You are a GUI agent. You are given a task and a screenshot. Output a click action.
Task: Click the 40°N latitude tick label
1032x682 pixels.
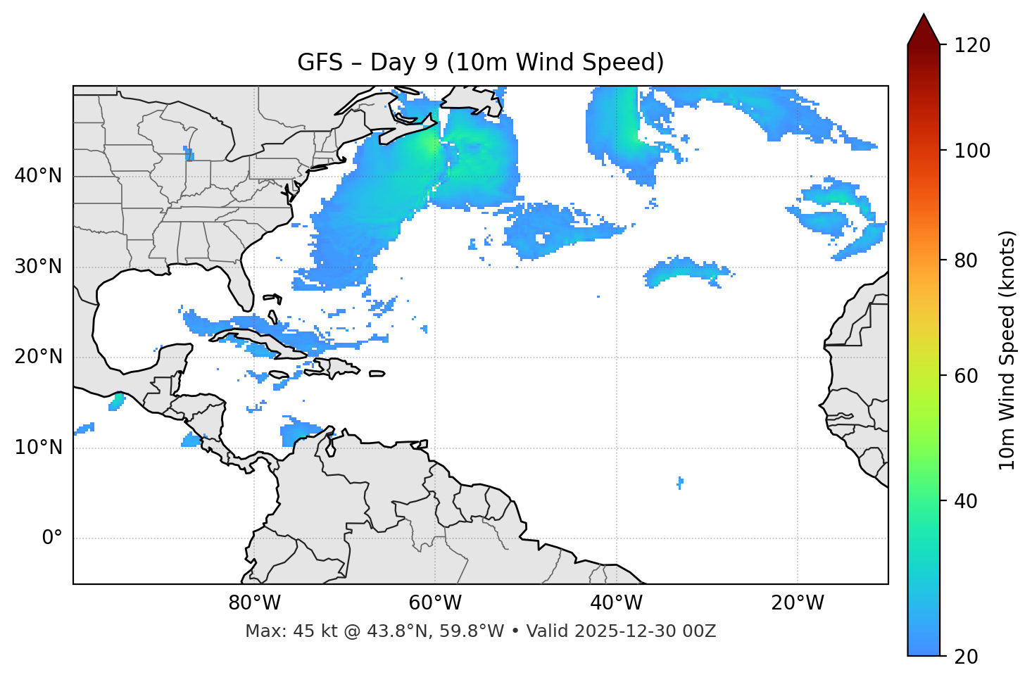38,176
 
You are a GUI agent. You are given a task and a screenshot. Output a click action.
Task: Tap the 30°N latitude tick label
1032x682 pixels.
38,267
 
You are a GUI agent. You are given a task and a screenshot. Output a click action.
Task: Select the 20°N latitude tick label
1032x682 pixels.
38,357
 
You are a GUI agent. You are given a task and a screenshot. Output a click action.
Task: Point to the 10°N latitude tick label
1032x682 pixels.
38,448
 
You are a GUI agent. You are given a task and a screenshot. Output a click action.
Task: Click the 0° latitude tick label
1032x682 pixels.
52,538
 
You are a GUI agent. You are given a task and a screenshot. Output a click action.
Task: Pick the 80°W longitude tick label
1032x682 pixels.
254,603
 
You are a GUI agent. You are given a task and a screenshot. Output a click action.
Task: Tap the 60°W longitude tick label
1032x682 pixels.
435,603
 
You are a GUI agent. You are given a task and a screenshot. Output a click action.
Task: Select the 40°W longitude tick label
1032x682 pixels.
616,603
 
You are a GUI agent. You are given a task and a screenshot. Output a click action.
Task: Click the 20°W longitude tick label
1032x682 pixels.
798,603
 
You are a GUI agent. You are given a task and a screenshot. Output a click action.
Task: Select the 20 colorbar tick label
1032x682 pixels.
967,657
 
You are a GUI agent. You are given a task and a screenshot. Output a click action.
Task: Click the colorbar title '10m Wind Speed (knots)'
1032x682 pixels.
1007,351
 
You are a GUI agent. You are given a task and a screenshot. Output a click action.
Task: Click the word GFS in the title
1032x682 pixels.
320,63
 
